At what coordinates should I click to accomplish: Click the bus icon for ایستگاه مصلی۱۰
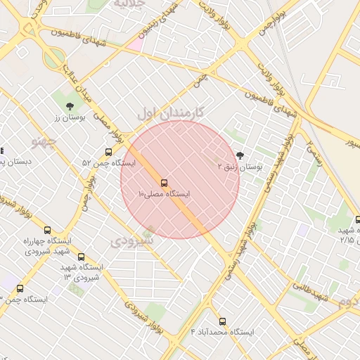click(x=164, y=181)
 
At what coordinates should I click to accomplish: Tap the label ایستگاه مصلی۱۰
click(x=164, y=193)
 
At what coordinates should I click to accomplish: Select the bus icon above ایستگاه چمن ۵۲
click(x=108, y=152)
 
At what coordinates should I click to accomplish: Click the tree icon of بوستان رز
click(x=69, y=106)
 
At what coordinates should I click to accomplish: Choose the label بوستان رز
click(x=70, y=118)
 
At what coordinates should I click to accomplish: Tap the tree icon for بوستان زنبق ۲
click(x=241, y=156)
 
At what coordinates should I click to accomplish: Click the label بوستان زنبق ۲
click(x=239, y=168)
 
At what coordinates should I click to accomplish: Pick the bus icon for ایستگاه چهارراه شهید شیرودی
click(x=47, y=230)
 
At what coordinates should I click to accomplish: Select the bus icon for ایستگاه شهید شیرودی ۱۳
click(x=82, y=257)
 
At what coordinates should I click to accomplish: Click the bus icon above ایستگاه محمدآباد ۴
click(x=223, y=321)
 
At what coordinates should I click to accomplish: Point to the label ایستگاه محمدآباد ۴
click(x=222, y=331)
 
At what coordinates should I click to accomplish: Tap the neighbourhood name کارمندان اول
click(x=171, y=112)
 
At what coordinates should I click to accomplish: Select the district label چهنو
click(x=44, y=141)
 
